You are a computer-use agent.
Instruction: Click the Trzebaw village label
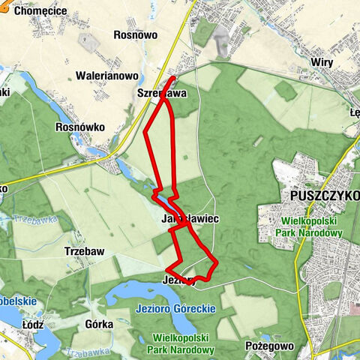click(x=83, y=252)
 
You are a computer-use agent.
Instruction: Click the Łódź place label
click(x=33, y=324)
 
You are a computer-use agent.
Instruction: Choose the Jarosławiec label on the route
click(x=189, y=219)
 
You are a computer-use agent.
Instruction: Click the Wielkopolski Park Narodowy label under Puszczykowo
click(x=324, y=227)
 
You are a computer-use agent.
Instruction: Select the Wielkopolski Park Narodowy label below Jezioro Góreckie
click(x=183, y=343)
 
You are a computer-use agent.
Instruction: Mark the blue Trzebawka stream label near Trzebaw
click(x=28, y=221)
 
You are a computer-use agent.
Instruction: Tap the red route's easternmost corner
click(x=217, y=264)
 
